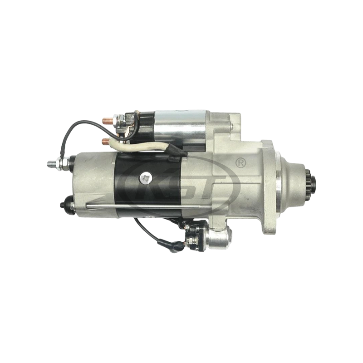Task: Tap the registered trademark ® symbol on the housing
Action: click(x=240, y=162)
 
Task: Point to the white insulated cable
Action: click(x=136, y=145)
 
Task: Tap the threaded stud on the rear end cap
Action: click(x=52, y=162)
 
